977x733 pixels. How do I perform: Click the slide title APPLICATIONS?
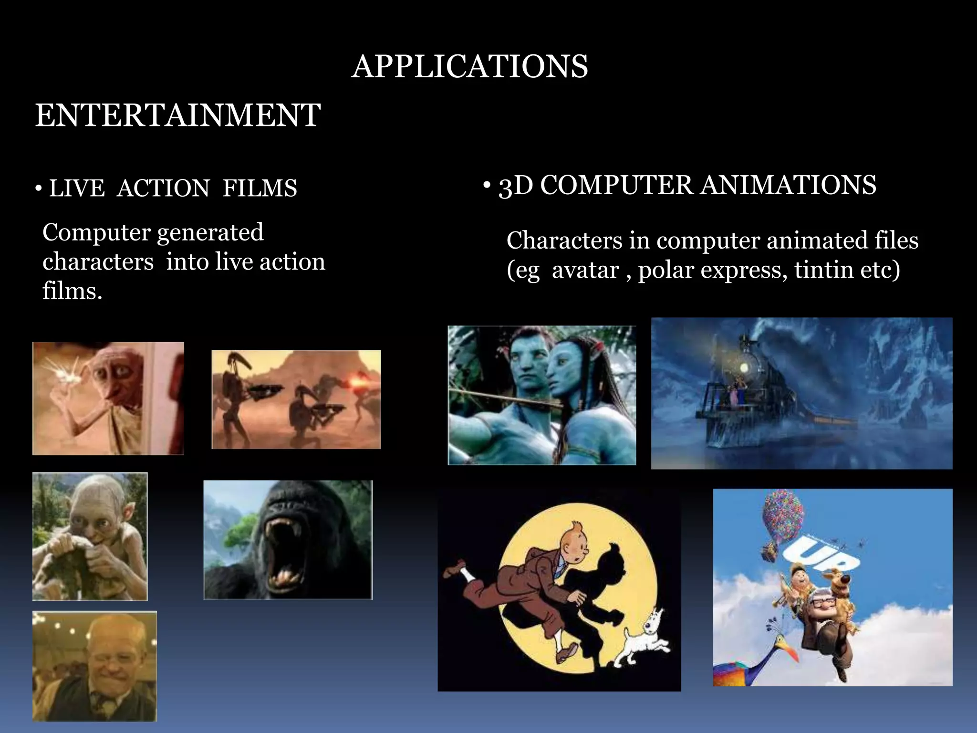pyautogui.click(x=470, y=66)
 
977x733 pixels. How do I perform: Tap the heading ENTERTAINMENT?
pyautogui.click(x=178, y=115)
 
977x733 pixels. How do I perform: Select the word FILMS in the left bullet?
pyautogui.click(x=260, y=188)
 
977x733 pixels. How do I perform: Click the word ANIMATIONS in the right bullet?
pyautogui.click(x=788, y=185)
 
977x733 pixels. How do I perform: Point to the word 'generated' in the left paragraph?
pyautogui.click(x=210, y=233)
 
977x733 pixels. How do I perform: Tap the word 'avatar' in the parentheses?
pyautogui.click(x=585, y=270)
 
